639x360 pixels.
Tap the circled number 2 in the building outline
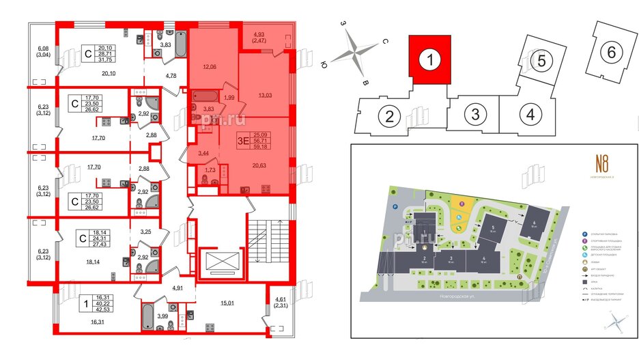[388, 115]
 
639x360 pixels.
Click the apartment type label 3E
[241, 142]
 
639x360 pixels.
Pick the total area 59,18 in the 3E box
[259, 147]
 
